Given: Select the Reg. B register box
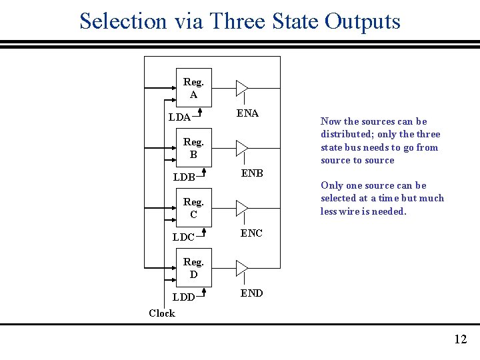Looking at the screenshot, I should click(193, 148).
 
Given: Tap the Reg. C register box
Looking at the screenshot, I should click(193, 208).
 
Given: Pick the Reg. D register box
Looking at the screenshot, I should click(193, 268).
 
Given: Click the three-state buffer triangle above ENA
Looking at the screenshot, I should click(241, 88).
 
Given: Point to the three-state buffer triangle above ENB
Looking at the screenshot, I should click(241, 148).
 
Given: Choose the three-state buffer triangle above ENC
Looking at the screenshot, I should click(241, 208).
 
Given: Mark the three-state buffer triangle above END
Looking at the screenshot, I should click(241, 268).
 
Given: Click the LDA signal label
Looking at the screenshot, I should click(179, 117).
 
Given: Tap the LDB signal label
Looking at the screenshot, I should click(184, 177).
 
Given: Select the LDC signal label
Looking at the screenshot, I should click(183, 237).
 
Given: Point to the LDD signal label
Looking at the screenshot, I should click(183, 297).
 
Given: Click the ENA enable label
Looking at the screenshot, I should click(247, 113).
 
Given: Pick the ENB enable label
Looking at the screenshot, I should click(252, 173).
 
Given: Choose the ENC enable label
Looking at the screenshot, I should click(251, 233).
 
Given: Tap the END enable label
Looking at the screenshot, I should click(251, 293).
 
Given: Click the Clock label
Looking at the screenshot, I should click(162, 313).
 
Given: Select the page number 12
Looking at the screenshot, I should click(460, 340).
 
